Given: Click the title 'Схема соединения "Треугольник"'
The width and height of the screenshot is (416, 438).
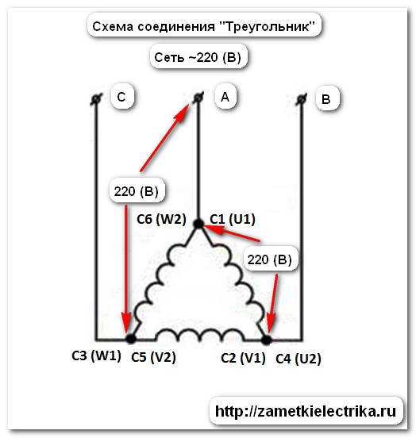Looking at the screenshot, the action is coord(204,26).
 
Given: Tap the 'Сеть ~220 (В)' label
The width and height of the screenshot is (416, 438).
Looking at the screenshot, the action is coord(198,58).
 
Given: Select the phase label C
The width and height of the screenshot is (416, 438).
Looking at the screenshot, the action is coord(121,97).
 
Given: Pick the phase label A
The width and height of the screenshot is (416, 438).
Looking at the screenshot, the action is coord(225,97).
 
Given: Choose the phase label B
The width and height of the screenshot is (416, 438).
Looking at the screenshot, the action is coord(326,99).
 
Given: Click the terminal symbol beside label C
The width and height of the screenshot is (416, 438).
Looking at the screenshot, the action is coord(96,99).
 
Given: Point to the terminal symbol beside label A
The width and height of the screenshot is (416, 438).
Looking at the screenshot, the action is coord(198,98).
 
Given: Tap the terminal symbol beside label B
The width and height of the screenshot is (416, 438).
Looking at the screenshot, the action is coord(301,99).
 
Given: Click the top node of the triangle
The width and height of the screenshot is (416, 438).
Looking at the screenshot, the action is coord(198,224).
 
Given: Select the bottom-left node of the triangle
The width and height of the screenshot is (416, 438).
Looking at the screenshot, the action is coord(130,339).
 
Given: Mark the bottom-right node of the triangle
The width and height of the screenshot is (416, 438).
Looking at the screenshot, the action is coord(267,340).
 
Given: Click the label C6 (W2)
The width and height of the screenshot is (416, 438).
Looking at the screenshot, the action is coord(161,219).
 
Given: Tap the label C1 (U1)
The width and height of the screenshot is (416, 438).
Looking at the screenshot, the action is coord(233,219).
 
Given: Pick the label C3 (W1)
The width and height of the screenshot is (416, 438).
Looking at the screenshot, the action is coord(96,355).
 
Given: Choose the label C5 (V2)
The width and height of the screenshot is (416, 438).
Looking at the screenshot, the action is coord(153,357).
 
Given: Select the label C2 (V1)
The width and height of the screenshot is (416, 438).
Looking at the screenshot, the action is coord(243,358).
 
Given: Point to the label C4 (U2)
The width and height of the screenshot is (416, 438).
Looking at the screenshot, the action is coord(299,359).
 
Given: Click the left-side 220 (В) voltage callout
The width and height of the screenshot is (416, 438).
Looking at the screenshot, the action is coord(136,192).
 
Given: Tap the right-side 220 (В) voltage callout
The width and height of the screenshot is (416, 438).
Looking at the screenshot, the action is coord(269,260).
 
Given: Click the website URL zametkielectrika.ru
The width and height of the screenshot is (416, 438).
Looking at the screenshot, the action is coord(306,411).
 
